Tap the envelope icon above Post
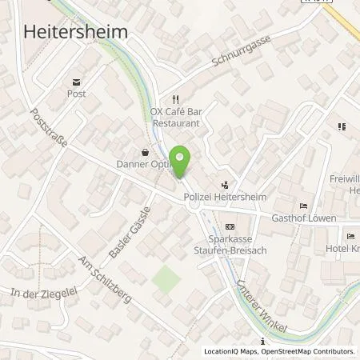[x=77, y=82]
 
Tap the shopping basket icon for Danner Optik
[x=145, y=150]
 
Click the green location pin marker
[x=182, y=161]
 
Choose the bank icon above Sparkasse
[x=230, y=226]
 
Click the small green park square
[x=166, y=279]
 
